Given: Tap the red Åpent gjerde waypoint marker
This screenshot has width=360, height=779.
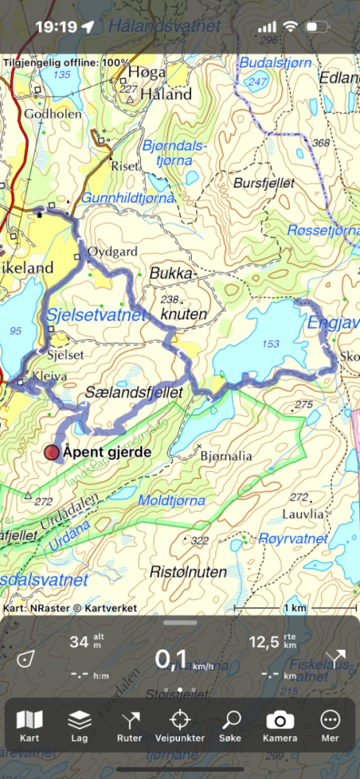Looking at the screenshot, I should coord(52,453).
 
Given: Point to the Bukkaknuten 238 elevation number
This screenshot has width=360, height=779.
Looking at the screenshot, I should coord(170,299).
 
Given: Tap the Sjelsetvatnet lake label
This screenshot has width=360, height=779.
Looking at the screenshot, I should coord(96,315).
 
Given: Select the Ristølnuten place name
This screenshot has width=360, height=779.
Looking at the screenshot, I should coord(188,572).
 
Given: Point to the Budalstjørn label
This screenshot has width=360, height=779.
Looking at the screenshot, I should coord(274,62).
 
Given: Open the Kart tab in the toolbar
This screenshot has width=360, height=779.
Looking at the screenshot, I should coord(30,726).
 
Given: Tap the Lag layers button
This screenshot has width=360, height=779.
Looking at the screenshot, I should coord(79,726).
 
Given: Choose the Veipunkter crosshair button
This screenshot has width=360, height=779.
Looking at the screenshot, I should coord(180,726).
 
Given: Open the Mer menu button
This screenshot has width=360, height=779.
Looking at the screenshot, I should coord(330,726).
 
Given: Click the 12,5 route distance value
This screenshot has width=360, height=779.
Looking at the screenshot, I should coord(262,643).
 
